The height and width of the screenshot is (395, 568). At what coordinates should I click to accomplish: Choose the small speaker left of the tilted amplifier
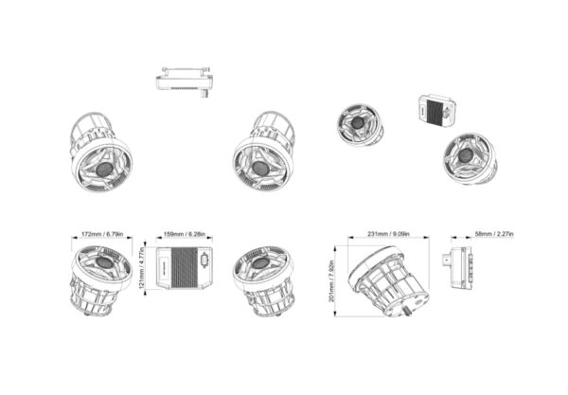click(359, 126)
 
